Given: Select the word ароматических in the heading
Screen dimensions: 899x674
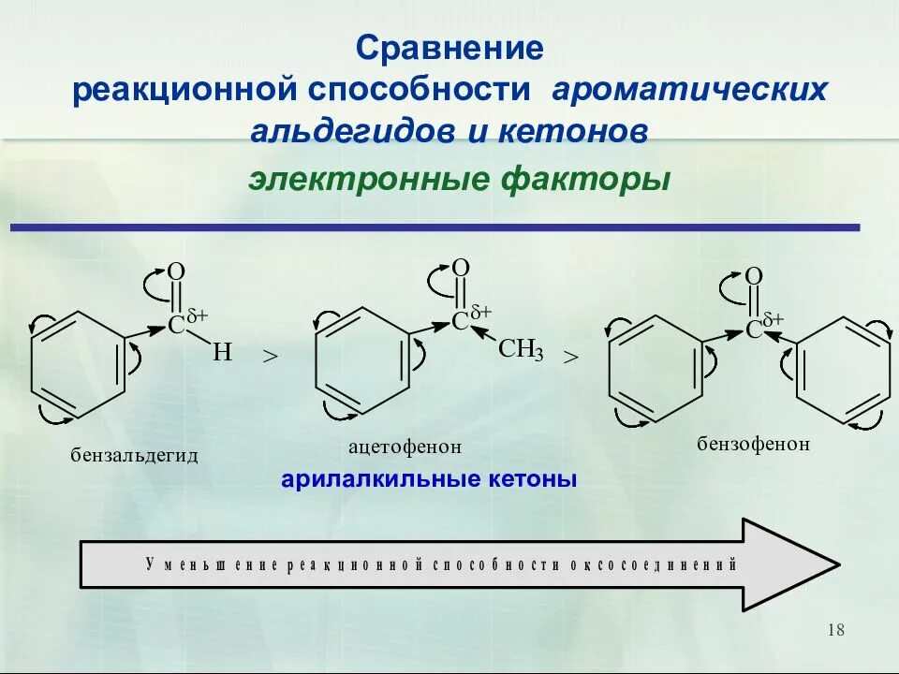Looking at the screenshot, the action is [x=690, y=90].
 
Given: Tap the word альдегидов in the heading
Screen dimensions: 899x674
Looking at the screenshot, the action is [x=351, y=131].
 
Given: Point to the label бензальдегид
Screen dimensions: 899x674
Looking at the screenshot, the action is [x=136, y=455].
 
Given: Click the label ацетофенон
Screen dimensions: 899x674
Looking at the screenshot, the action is [x=405, y=447].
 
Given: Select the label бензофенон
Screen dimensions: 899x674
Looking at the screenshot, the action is [x=753, y=443].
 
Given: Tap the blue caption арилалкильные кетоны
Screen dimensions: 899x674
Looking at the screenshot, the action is [x=429, y=479].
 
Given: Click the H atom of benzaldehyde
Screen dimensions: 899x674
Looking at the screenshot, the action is [x=221, y=353].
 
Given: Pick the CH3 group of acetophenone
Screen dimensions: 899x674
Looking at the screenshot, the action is [x=520, y=351].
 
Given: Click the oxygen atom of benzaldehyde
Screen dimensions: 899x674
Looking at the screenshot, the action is [x=176, y=271].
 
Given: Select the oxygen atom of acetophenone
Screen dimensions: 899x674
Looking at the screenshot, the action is [x=460, y=268].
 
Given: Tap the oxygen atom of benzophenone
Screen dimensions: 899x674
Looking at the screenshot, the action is [x=754, y=276].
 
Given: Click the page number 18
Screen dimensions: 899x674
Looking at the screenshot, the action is [x=835, y=630].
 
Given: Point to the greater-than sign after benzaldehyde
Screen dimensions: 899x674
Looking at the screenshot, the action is [x=271, y=357].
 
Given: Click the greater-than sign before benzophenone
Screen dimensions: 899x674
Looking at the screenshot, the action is [x=570, y=357].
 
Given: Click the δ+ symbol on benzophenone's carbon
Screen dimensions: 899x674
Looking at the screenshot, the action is [x=774, y=320].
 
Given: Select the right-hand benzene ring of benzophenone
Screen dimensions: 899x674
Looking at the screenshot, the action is [x=842, y=372].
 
